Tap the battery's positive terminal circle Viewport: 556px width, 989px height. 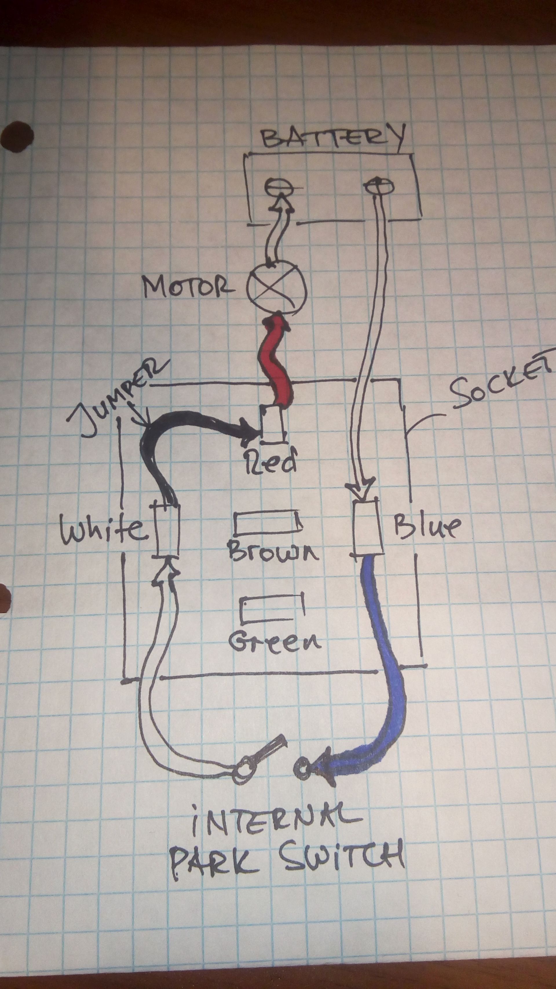379,187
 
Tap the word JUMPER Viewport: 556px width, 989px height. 115,396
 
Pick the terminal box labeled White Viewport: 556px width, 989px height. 168,529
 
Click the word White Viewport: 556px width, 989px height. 104,529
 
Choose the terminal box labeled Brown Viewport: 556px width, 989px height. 268,522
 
